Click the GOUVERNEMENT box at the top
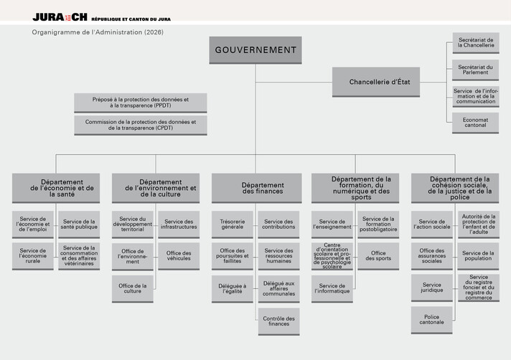tap(255, 50)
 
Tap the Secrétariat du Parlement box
tap(475, 70)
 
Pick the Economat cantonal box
tap(475, 123)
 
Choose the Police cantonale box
tap(432, 319)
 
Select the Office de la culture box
tap(133, 288)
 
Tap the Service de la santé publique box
tap(79, 225)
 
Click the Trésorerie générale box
tap(232, 225)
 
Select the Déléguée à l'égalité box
tap(232, 288)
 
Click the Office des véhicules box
tap(179, 257)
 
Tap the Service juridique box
tap(432, 288)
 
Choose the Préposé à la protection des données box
tap(141, 102)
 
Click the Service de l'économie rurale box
tap(33, 257)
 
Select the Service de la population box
tap(478, 257)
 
